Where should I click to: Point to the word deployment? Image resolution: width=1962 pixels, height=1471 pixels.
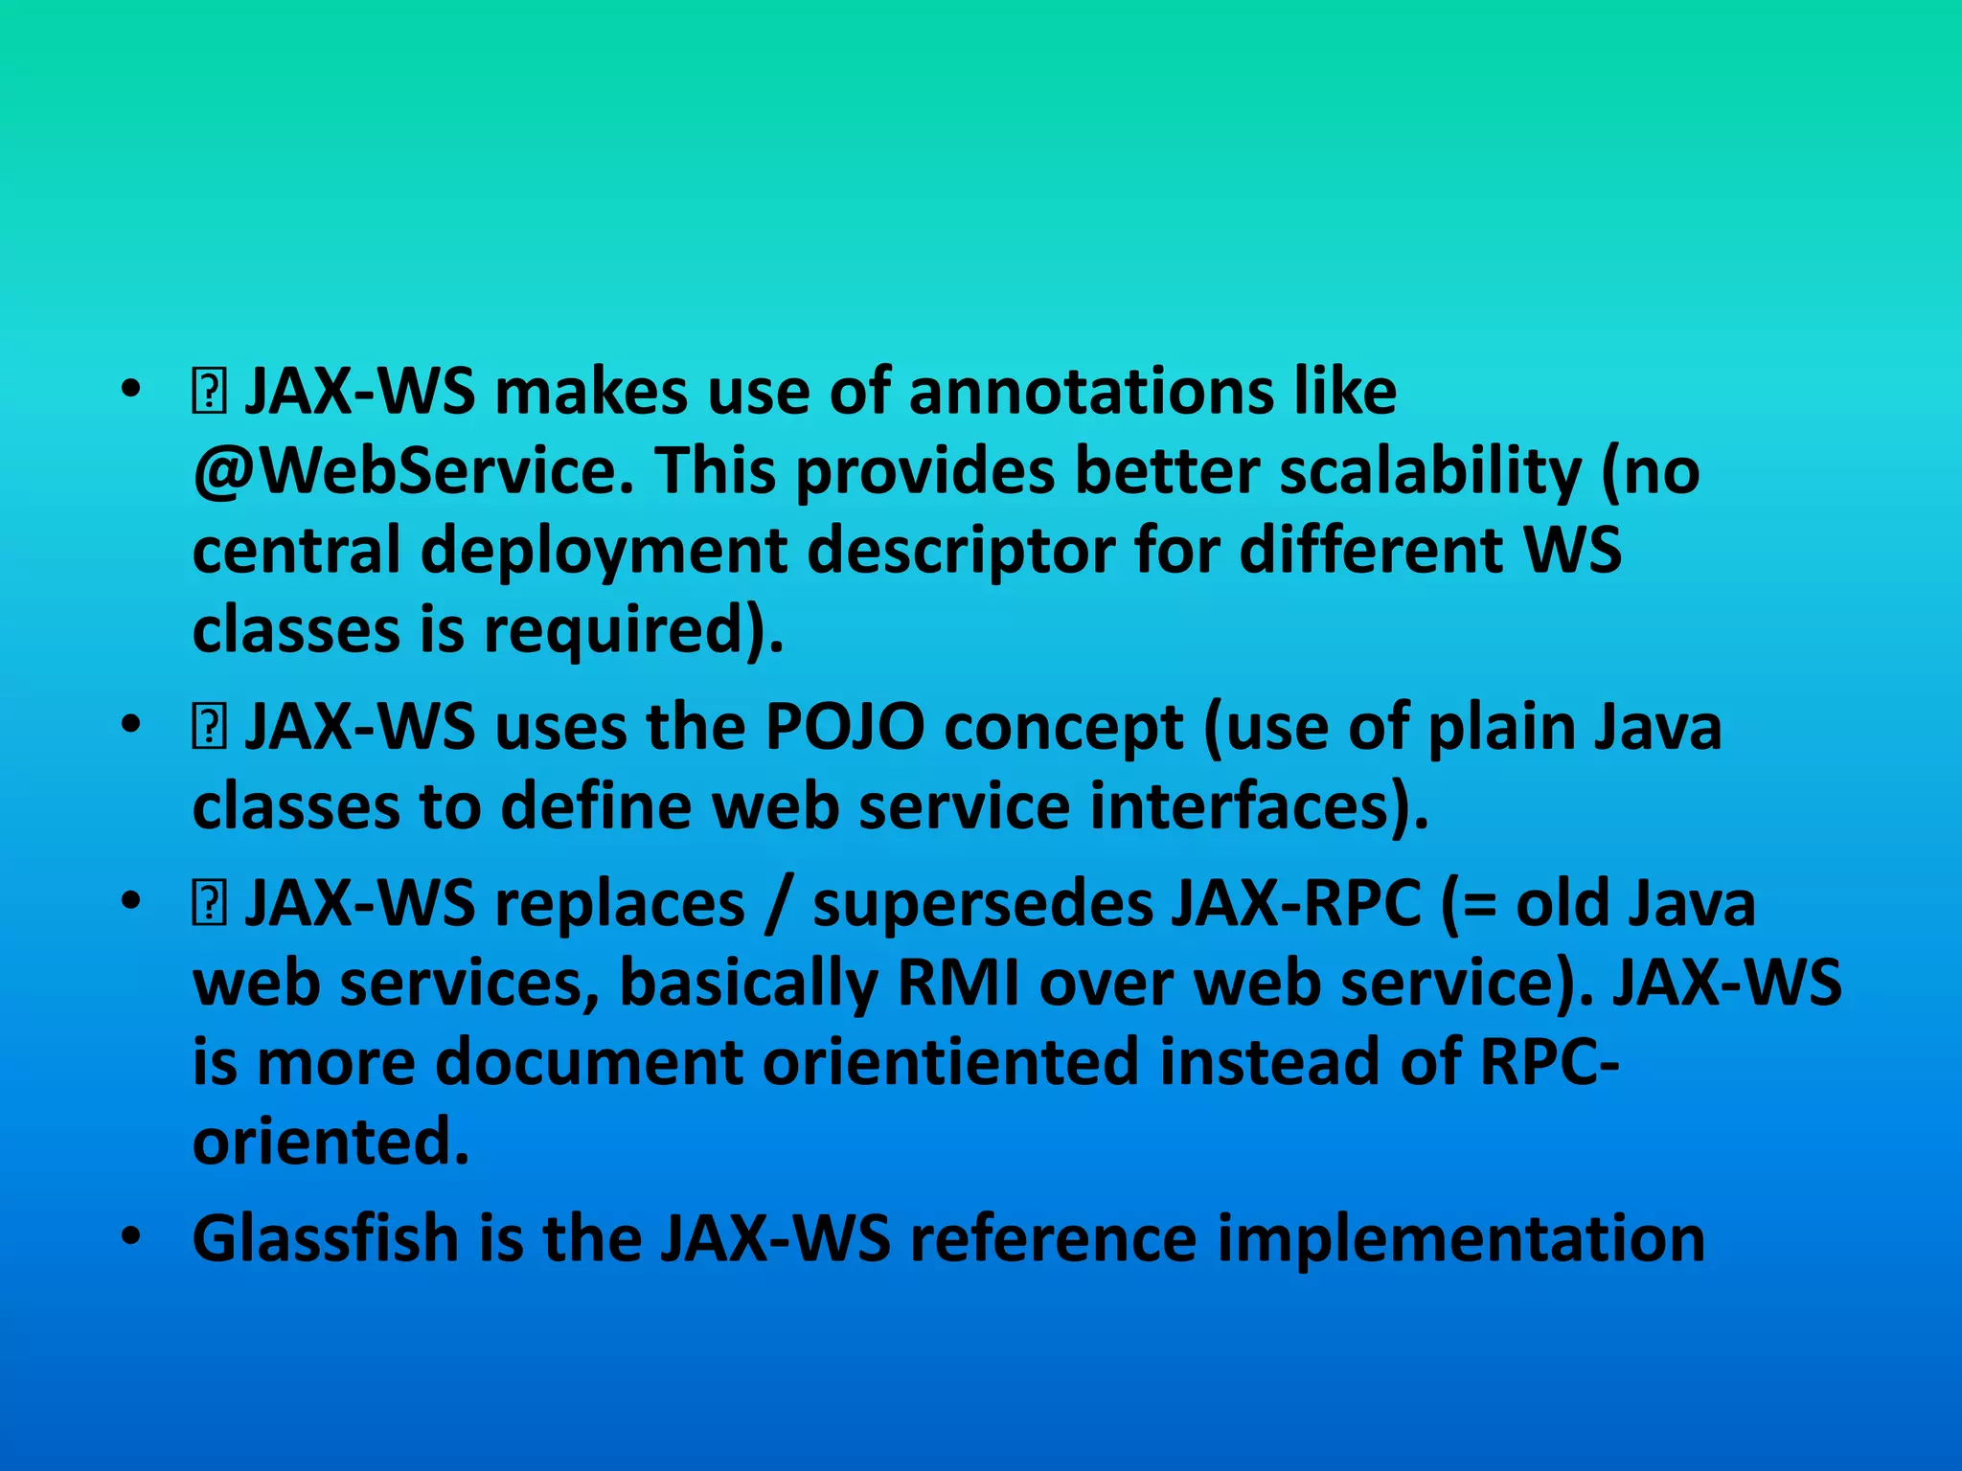(x=604, y=552)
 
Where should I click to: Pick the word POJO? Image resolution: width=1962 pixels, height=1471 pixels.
(x=844, y=728)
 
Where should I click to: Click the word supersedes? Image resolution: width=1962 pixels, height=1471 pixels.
(x=981, y=904)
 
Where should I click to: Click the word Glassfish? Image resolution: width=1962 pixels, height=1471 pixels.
(x=326, y=1238)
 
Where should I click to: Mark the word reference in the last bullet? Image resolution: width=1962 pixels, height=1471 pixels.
(x=1053, y=1238)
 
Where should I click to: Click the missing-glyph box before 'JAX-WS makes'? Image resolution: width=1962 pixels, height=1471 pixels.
(x=209, y=394)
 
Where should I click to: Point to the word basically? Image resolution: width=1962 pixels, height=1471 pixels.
(x=748, y=984)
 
